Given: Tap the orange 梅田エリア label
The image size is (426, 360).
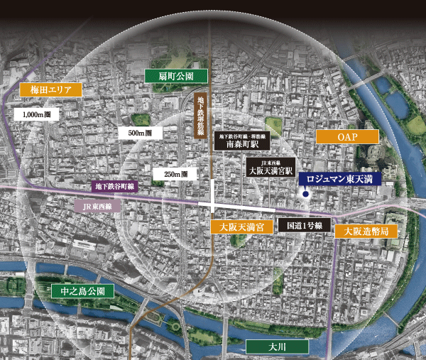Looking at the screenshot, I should (47, 90).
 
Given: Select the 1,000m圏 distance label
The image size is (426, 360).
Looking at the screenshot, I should (35, 114).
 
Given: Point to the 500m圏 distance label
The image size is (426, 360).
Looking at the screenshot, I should (139, 133).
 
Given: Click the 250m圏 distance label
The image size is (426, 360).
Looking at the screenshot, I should (175, 174).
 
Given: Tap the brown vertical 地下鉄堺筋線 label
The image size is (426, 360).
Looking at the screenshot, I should (202, 115).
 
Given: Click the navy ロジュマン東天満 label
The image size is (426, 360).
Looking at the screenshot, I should (339, 179).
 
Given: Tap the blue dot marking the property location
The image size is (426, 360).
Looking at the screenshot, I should (305, 194).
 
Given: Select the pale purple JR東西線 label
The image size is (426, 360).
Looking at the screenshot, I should (98, 207).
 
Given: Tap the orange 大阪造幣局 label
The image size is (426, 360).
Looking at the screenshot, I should (366, 231).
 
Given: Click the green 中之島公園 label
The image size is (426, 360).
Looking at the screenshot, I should (82, 291).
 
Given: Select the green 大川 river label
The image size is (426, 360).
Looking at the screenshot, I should (276, 347).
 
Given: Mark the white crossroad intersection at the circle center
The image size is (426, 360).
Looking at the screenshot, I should (214, 204).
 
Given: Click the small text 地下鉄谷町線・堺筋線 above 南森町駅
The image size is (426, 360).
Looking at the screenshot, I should (241, 133).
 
